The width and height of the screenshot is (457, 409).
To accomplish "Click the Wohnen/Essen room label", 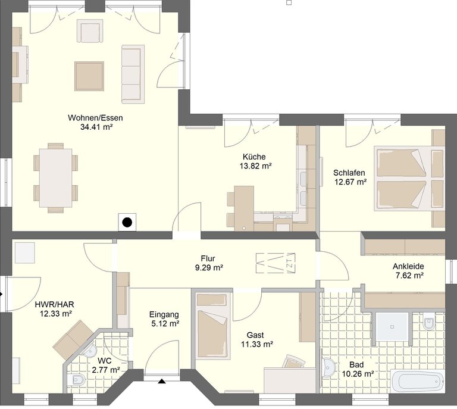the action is [x=95, y=118].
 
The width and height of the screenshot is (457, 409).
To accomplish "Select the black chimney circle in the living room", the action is [x=127, y=223].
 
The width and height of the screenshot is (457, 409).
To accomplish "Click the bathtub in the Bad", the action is [x=417, y=381].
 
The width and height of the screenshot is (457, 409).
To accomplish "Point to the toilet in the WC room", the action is [x=76, y=380].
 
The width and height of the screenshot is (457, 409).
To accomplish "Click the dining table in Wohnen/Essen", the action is [x=56, y=178].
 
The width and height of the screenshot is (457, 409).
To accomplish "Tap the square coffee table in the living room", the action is [x=89, y=76].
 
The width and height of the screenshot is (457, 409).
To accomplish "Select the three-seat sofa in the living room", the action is [x=133, y=74].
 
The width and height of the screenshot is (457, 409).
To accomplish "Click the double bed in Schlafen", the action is [x=409, y=179].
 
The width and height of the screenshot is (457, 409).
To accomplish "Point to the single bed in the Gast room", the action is [x=212, y=326].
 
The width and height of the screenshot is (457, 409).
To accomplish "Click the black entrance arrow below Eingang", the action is [x=162, y=381].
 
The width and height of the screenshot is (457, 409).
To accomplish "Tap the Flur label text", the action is [x=208, y=258].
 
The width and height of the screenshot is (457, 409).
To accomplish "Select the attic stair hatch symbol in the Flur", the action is [x=276, y=263].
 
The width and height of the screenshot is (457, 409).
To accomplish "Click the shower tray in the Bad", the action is [x=392, y=327].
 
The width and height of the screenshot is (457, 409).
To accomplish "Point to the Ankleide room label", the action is [x=408, y=266].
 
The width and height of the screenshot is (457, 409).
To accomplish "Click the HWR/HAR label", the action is [x=55, y=305].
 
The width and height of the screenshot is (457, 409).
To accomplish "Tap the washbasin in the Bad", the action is [x=329, y=367].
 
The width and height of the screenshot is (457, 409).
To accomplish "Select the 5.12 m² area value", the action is [x=165, y=324].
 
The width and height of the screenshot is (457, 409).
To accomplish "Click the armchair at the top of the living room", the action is [x=90, y=30].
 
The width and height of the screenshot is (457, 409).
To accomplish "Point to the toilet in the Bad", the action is [x=428, y=322].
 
